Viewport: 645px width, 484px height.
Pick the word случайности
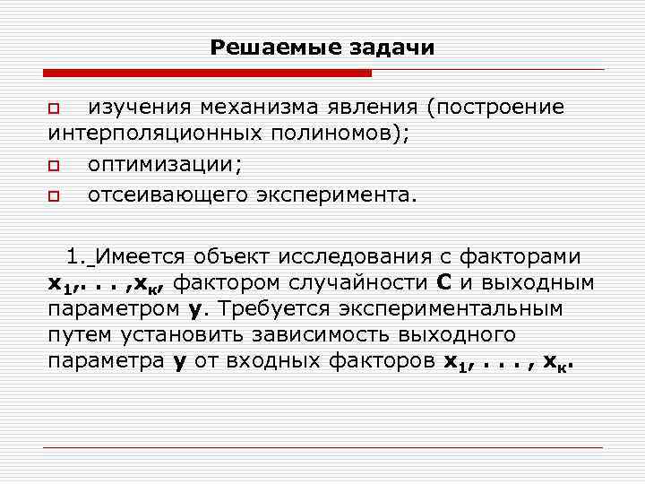point(363,283)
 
